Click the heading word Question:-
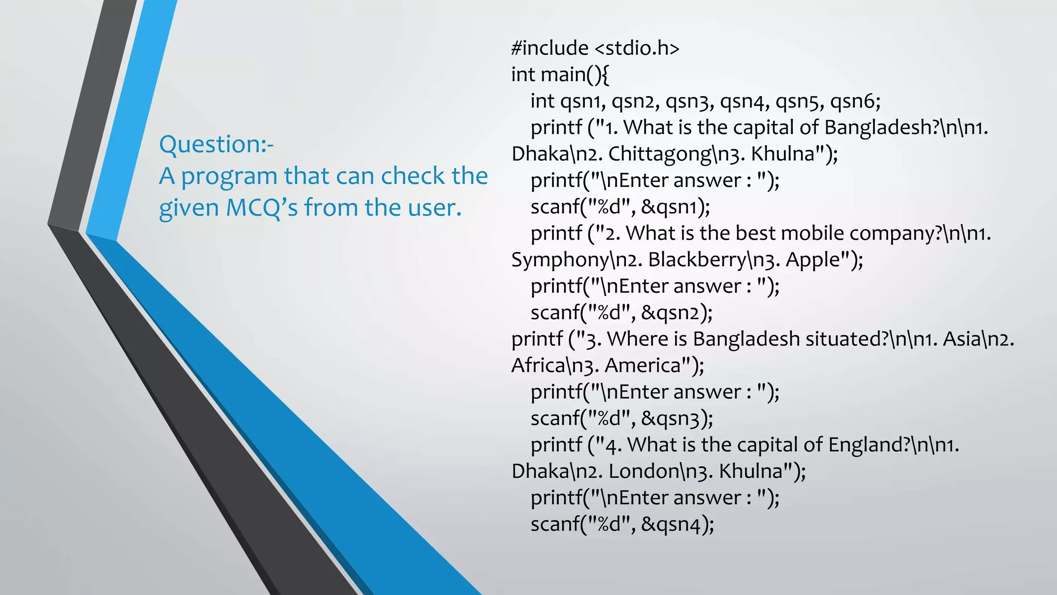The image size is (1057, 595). (216, 144)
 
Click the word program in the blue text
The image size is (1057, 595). (230, 176)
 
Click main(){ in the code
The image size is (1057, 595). (574, 74)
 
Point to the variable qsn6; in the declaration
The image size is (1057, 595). (855, 101)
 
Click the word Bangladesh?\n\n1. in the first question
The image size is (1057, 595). (906, 128)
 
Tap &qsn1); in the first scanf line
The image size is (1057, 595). (676, 207)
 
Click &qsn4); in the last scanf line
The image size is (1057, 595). (678, 524)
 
